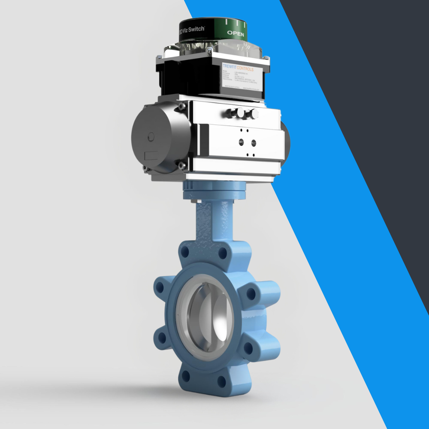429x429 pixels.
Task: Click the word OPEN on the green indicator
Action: pos(236,33)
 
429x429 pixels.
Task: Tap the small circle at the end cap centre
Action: pos(151,136)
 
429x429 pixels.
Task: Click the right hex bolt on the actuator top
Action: pos(255,114)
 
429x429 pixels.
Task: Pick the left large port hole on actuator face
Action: pos(242,142)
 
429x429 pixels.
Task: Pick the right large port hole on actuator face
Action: pos(254,142)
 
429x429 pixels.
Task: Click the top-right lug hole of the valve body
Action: pos(222,254)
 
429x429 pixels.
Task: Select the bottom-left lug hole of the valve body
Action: pos(186,376)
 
